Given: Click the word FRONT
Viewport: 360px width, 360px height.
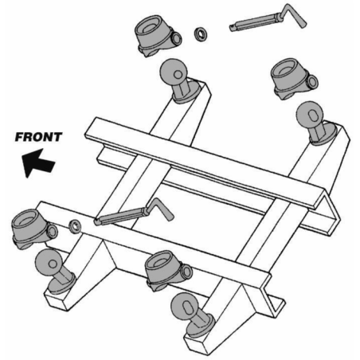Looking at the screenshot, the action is click(x=39, y=137).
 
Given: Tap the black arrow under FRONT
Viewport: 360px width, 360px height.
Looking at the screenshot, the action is click(x=38, y=163).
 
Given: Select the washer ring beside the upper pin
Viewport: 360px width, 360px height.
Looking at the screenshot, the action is click(x=201, y=34).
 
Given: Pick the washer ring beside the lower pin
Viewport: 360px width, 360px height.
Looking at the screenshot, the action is click(x=75, y=226).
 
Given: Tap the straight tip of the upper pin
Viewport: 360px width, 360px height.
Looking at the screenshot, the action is click(x=232, y=28).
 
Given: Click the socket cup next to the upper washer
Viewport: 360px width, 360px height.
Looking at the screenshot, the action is click(x=158, y=36).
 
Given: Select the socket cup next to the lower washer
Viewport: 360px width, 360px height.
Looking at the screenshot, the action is click(x=34, y=229).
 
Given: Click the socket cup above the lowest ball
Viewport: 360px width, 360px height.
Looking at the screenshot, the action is click(x=168, y=270).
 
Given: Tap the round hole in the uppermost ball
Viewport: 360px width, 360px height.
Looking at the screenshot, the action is click(x=178, y=75).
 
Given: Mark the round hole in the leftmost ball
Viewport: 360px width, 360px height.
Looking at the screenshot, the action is click(x=53, y=264).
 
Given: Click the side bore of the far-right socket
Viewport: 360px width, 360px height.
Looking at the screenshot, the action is click(x=313, y=81).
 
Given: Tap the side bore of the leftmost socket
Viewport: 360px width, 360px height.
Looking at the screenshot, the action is click(x=53, y=232).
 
